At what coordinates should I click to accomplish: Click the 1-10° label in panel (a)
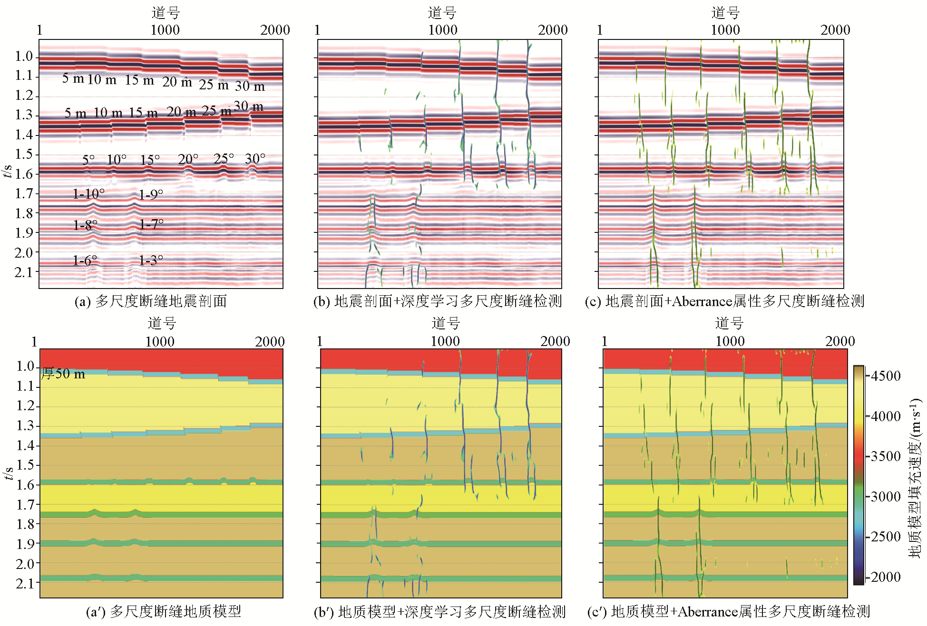88,194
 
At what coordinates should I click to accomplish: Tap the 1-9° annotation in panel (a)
151,194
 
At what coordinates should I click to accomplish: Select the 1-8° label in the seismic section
85,225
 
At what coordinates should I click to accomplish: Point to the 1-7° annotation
151,223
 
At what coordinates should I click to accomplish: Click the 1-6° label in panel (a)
85,260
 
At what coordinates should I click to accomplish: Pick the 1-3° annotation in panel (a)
151,260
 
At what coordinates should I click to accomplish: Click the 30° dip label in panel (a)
255,159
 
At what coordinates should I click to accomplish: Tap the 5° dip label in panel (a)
88,160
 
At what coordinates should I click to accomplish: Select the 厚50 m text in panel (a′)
63,374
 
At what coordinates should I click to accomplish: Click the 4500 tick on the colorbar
886,376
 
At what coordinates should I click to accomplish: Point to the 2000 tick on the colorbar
886,577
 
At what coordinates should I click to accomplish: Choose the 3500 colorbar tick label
886,456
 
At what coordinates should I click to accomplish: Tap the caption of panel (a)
151,301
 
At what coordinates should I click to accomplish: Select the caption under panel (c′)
728,612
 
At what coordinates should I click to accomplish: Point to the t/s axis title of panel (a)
8,171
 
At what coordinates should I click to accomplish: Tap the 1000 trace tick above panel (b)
443,30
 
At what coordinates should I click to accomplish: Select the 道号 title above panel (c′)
729,324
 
